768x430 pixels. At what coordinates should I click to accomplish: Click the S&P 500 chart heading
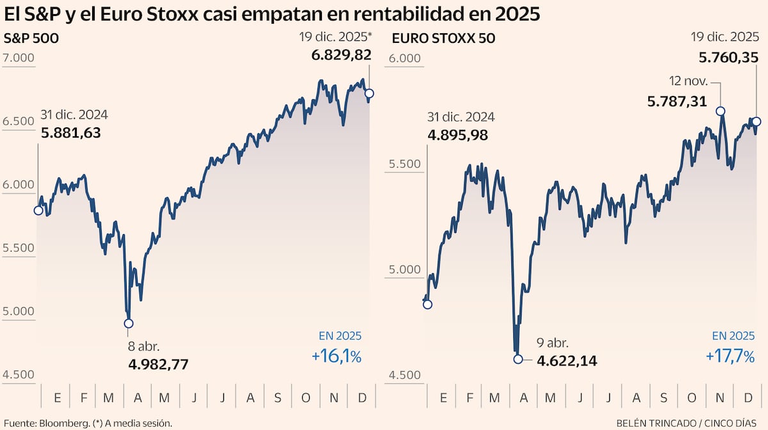click(31, 38)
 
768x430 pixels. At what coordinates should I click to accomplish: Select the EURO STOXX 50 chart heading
click(443, 38)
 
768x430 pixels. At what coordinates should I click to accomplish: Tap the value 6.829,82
click(341, 56)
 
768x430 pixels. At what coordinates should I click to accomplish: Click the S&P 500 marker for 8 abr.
click(129, 324)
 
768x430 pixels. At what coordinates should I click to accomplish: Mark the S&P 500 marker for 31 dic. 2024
click(38, 211)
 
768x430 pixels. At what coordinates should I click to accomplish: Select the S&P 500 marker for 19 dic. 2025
click(369, 93)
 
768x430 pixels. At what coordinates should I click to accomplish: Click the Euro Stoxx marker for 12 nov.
click(721, 111)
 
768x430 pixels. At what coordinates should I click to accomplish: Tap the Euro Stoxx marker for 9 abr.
click(518, 359)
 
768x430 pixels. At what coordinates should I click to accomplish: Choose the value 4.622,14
click(567, 361)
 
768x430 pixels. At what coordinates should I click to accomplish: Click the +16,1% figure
click(337, 356)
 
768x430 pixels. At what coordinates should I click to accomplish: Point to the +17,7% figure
click(730, 356)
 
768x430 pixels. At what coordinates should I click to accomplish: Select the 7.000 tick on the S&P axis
click(19, 58)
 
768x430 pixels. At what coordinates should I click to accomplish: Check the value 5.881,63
click(70, 133)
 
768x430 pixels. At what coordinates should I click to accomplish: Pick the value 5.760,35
click(728, 58)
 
